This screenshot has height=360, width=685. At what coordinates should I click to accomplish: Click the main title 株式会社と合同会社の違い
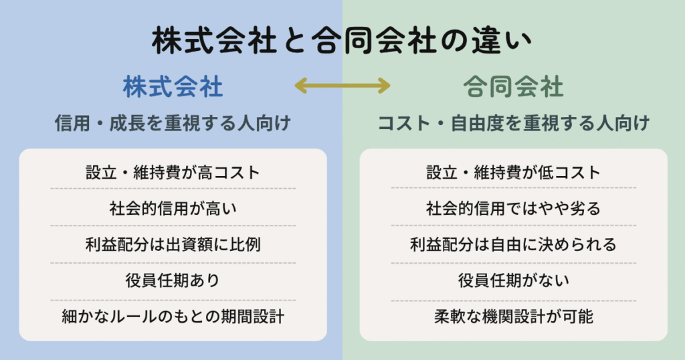point(342,41)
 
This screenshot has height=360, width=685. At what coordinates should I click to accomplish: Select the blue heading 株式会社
point(173,87)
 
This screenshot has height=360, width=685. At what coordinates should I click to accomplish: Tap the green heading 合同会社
point(513,87)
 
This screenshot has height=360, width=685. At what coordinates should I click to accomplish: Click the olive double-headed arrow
point(342,85)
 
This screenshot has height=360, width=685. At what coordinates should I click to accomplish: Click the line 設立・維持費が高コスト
point(173,172)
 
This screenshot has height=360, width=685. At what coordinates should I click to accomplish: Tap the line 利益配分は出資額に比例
point(173,244)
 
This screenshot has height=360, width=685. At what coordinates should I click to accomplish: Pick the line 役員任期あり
point(173,280)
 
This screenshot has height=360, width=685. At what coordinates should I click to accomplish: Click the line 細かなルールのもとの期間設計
point(173,317)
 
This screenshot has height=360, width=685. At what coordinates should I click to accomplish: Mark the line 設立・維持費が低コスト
point(513,172)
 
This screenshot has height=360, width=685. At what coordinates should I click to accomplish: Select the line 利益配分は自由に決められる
point(513,244)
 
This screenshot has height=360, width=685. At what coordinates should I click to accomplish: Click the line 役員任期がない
point(513,280)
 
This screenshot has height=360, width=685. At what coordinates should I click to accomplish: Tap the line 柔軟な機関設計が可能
point(513,317)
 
